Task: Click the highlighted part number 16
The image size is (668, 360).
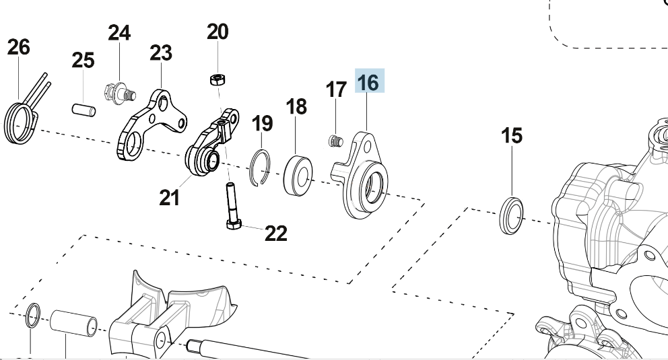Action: pos(368,83)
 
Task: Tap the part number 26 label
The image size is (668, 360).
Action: pos(19,48)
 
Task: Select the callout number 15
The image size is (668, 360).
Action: pos(512,136)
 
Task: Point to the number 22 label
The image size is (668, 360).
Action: pos(276,233)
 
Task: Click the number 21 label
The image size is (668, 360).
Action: pos(170,198)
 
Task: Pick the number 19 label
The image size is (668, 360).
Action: pos(262,124)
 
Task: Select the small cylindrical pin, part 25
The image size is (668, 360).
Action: pos(83,108)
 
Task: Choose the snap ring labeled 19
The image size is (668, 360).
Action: pos(260,168)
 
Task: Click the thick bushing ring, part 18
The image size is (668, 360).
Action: pos(297,174)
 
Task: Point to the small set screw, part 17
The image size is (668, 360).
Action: pos(335,141)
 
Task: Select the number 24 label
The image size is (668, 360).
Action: pos(119,32)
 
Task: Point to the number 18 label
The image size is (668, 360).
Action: pos(296,106)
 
